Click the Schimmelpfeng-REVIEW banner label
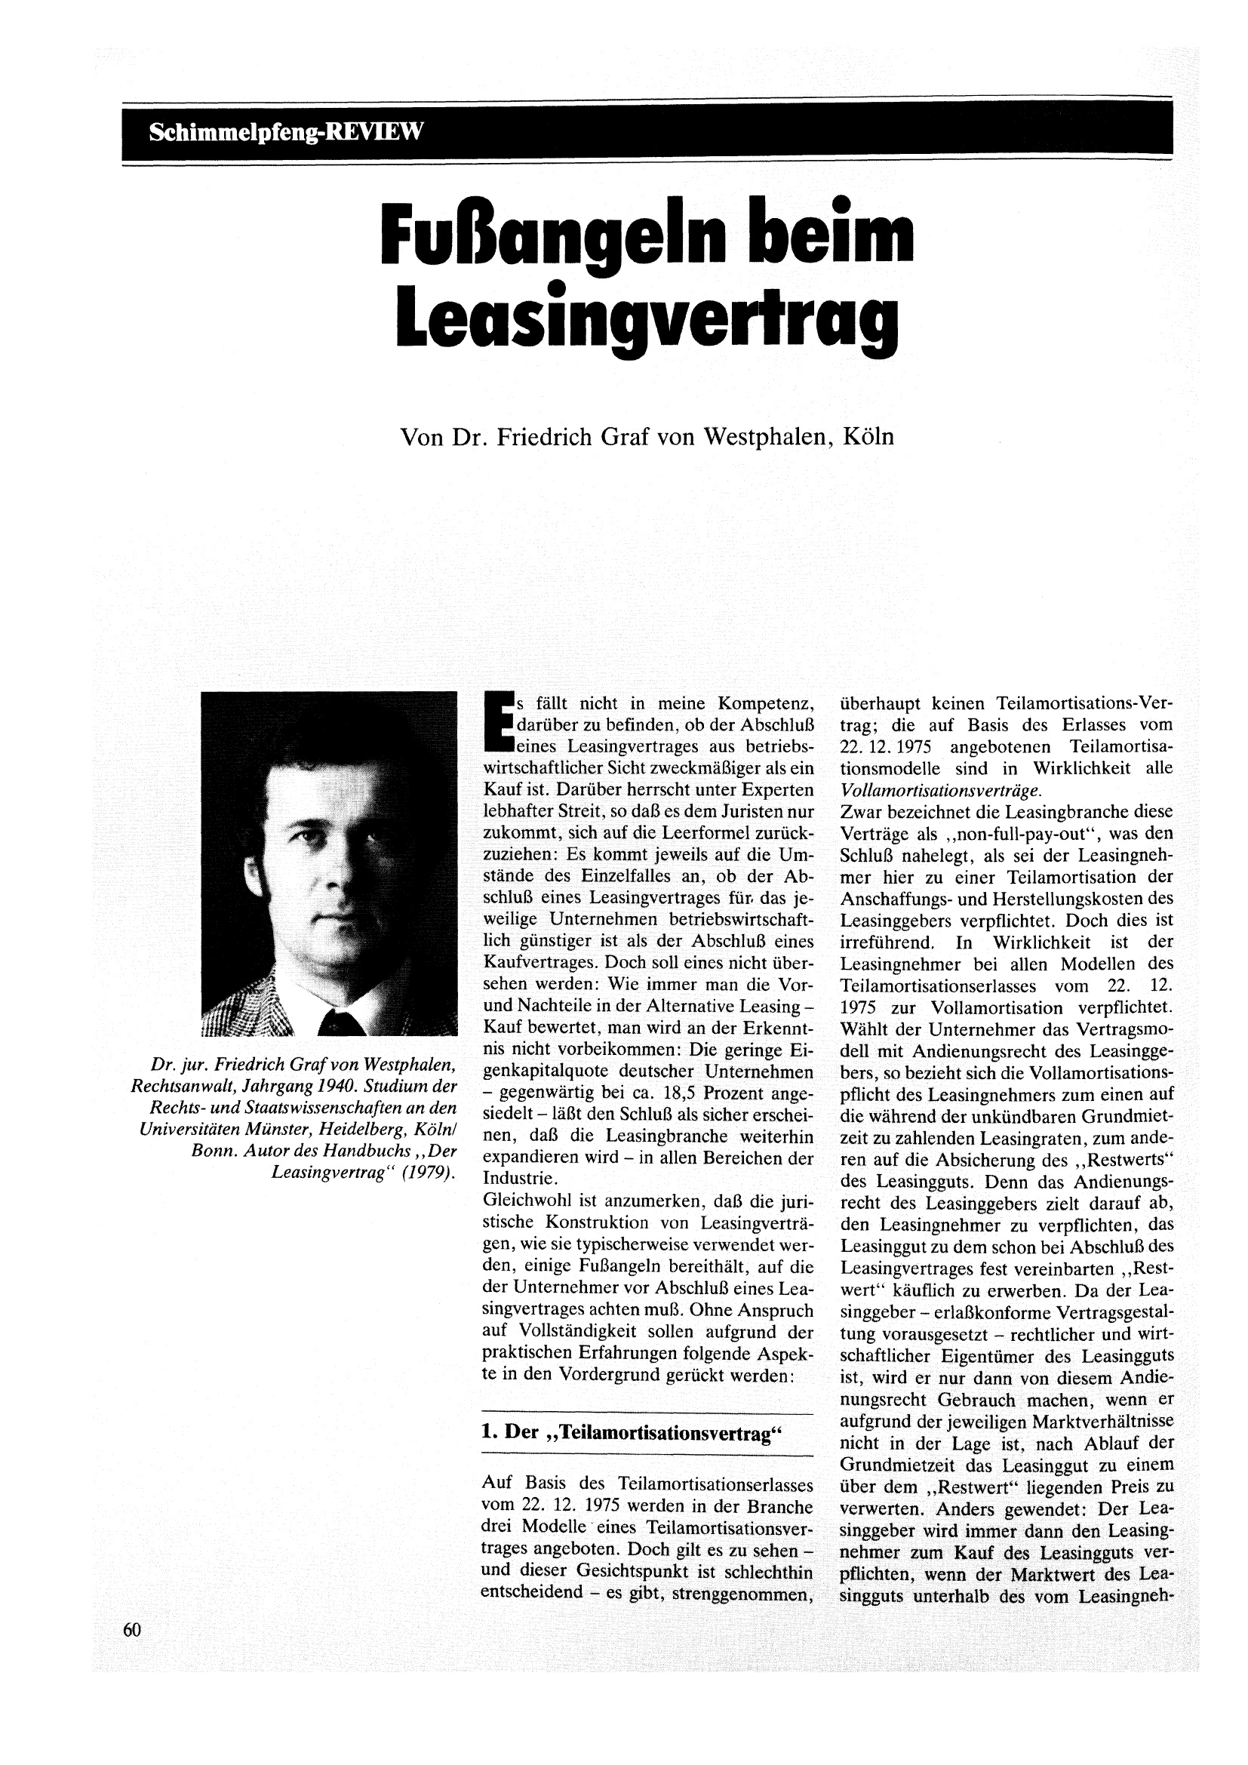click(x=286, y=131)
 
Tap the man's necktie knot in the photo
click(x=339, y=1022)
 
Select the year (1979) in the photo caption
click(x=426, y=1174)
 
